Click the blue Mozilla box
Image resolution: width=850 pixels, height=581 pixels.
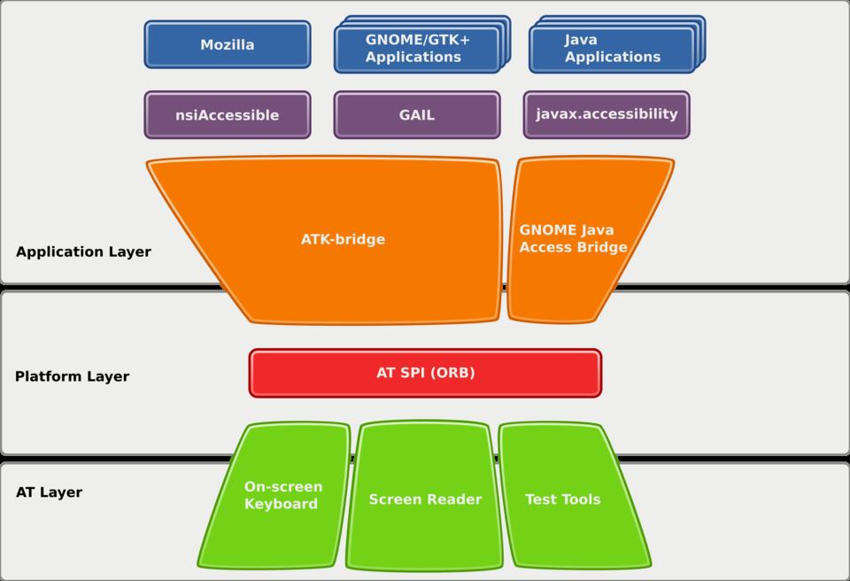pos(228,44)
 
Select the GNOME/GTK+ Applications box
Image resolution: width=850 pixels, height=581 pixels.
pos(414,49)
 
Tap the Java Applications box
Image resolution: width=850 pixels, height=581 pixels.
pos(611,49)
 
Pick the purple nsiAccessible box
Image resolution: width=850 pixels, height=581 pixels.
pos(228,115)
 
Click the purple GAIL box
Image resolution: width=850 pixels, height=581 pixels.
pos(416,115)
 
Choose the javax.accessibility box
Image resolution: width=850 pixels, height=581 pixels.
pos(607,114)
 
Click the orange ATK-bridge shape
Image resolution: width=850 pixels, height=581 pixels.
pos(343,239)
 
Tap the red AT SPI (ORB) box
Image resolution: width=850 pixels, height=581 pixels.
pos(425,373)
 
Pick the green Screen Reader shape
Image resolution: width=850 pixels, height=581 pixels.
pos(425,500)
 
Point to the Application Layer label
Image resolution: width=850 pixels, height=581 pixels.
pos(83,252)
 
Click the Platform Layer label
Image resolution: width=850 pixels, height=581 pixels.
pos(72,376)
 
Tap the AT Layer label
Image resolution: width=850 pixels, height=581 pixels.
pos(49,492)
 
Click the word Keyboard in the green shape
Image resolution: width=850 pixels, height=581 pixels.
pos(281,505)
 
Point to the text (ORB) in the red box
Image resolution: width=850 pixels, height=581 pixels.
pos(452,373)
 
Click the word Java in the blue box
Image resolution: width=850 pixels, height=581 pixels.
pos(581,40)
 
